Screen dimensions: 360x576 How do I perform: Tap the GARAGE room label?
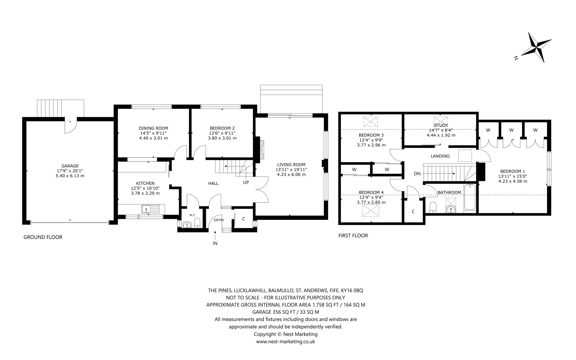pyautogui.click(x=70, y=166)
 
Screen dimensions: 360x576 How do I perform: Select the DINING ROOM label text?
pyautogui.click(x=153, y=128)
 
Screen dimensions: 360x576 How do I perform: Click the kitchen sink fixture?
pyautogui.click(x=151, y=209)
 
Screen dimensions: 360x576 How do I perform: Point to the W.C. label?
pyautogui.click(x=193, y=215)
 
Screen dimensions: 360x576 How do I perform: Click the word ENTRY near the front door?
pyautogui.click(x=219, y=220)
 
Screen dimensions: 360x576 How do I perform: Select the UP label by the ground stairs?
pyautogui.click(x=246, y=182)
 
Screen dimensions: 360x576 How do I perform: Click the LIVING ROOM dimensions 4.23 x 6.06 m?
pyautogui.click(x=291, y=174)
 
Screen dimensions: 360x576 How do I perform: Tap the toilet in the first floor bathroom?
pyautogui.click(x=433, y=207)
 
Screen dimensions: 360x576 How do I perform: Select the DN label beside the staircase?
pyautogui.click(x=417, y=174)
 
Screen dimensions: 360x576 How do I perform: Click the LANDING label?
pyautogui.click(x=440, y=156)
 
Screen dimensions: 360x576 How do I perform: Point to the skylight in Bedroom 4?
pyautogui.click(x=371, y=211)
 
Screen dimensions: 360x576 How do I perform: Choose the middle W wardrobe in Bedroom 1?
pyautogui.click(x=511, y=130)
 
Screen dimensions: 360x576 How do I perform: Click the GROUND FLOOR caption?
pyautogui.click(x=43, y=237)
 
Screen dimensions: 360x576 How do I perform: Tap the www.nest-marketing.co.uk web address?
pyautogui.click(x=285, y=341)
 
